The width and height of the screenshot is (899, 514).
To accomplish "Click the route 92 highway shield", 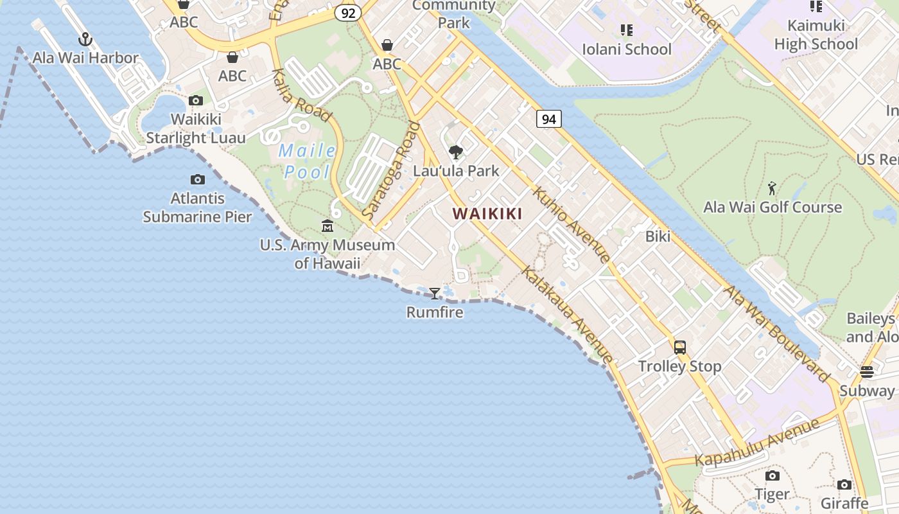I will (x=347, y=13).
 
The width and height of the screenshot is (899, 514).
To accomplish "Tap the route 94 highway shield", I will (x=548, y=119).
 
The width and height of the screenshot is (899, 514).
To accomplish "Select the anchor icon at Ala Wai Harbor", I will (x=85, y=40).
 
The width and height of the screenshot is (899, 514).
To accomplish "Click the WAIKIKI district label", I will (x=487, y=214).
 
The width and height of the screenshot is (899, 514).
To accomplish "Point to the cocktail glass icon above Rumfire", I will (x=435, y=294).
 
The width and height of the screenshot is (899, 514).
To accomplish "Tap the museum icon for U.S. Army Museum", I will (x=327, y=226).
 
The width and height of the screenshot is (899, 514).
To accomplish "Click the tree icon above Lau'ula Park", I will (x=456, y=152).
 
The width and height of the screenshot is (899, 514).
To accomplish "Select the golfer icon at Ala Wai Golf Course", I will (x=772, y=188).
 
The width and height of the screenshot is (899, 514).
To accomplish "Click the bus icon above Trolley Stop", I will (x=679, y=348).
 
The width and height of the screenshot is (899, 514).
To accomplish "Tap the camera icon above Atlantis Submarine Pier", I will (x=198, y=180).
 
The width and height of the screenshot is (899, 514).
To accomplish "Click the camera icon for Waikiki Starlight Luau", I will (x=196, y=101).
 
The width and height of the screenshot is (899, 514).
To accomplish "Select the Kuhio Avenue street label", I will (x=571, y=225).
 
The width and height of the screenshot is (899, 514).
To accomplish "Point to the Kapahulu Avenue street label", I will (x=758, y=443).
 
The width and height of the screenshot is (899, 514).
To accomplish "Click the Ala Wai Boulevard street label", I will (x=778, y=334).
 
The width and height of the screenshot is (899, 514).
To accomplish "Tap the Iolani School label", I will (x=626, y=49).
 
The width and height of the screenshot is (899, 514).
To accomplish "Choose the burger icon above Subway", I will (x=866, y=372).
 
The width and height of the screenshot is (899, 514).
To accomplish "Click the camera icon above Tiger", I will (x=772, y=476).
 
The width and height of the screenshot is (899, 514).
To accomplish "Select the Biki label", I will (x=658, y=236).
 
